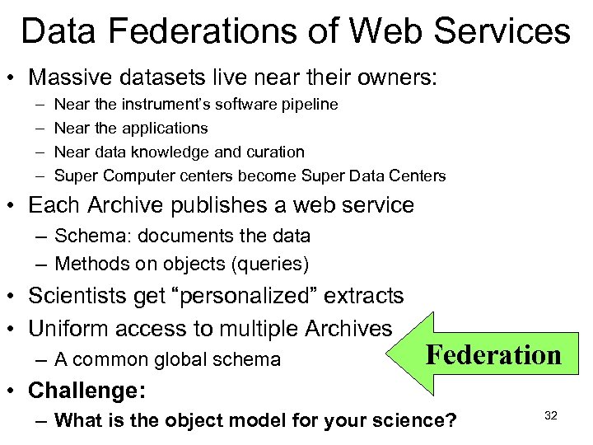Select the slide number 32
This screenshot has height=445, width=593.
click(x=551, y=415)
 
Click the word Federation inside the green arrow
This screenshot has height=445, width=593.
click(x=493, y=355)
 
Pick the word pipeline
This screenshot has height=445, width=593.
click(x=307, y=105)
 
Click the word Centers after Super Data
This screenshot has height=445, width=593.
click(x=416, y=176)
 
